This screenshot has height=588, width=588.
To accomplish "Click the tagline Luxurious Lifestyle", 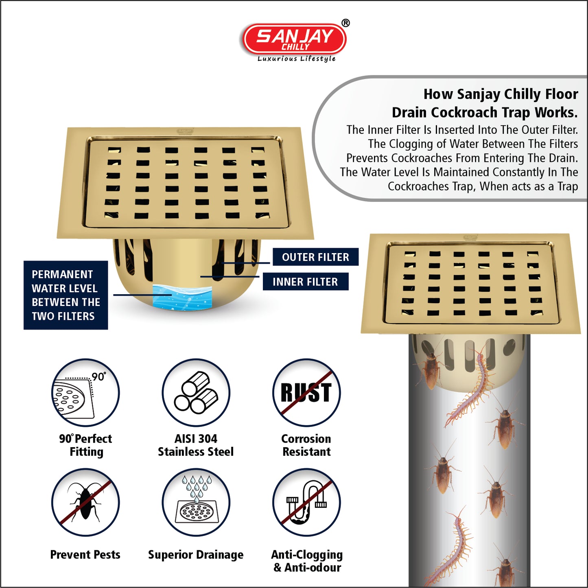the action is click(x=296, y=59).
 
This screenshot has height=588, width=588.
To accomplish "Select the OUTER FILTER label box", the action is click(x=315, y=257).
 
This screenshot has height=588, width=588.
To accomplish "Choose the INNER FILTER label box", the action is click(x=306, y=281).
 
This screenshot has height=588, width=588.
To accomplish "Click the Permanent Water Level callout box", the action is click(x=66, y=295).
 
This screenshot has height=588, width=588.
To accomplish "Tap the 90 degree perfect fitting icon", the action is click(x=85, y=392).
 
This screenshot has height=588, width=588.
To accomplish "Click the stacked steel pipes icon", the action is click(x=196, y=392).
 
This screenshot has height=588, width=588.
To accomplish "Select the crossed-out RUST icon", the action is click(x=306, y=392).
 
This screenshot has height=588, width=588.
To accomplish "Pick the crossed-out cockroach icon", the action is click(x=85, y=502).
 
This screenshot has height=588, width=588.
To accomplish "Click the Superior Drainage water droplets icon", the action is click(x=196, y=502).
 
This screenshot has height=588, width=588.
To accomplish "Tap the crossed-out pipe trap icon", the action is click(x=306, y=502).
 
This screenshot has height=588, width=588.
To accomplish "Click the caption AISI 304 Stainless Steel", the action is click(x=196, y=445).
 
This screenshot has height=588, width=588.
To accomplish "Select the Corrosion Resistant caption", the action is click(x=306, y=445).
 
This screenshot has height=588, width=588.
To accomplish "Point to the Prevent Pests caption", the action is click(x=85, y=555).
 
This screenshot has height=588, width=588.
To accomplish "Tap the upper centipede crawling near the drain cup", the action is click(x=470, y=387).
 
